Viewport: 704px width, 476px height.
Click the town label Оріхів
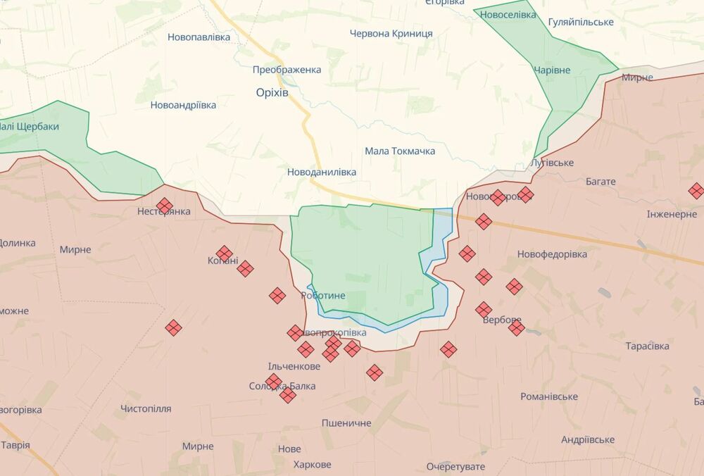tap(272, 93)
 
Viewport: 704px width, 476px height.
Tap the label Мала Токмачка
tap(400, 151)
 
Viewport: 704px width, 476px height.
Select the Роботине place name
tap(323, 296)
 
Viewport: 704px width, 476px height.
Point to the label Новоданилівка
tap(322, 172)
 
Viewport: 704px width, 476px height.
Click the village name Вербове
tap(502, 320)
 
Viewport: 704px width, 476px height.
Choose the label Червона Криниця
tap(391, 34)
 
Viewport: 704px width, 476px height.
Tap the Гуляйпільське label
tap(581, 22)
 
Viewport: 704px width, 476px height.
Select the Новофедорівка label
tap(552, 254)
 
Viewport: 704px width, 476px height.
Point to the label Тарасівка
tap(647, 346)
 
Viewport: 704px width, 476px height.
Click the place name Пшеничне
tap(346, 423)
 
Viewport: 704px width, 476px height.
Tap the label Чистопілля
tap(146, 408)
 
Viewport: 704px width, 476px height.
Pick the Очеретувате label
tap(455, 467)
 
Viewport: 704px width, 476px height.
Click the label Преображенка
tap(287, 70)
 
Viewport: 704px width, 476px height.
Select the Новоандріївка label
tap(183, 105)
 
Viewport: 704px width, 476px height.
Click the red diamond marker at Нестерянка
tap(165, 206)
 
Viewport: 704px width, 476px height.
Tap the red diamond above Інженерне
tap(696, 191)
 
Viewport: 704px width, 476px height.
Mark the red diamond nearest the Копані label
tap(225, 253)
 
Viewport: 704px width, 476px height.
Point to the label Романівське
tap(549, 396)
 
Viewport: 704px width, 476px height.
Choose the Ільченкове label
tap(294, 366)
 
